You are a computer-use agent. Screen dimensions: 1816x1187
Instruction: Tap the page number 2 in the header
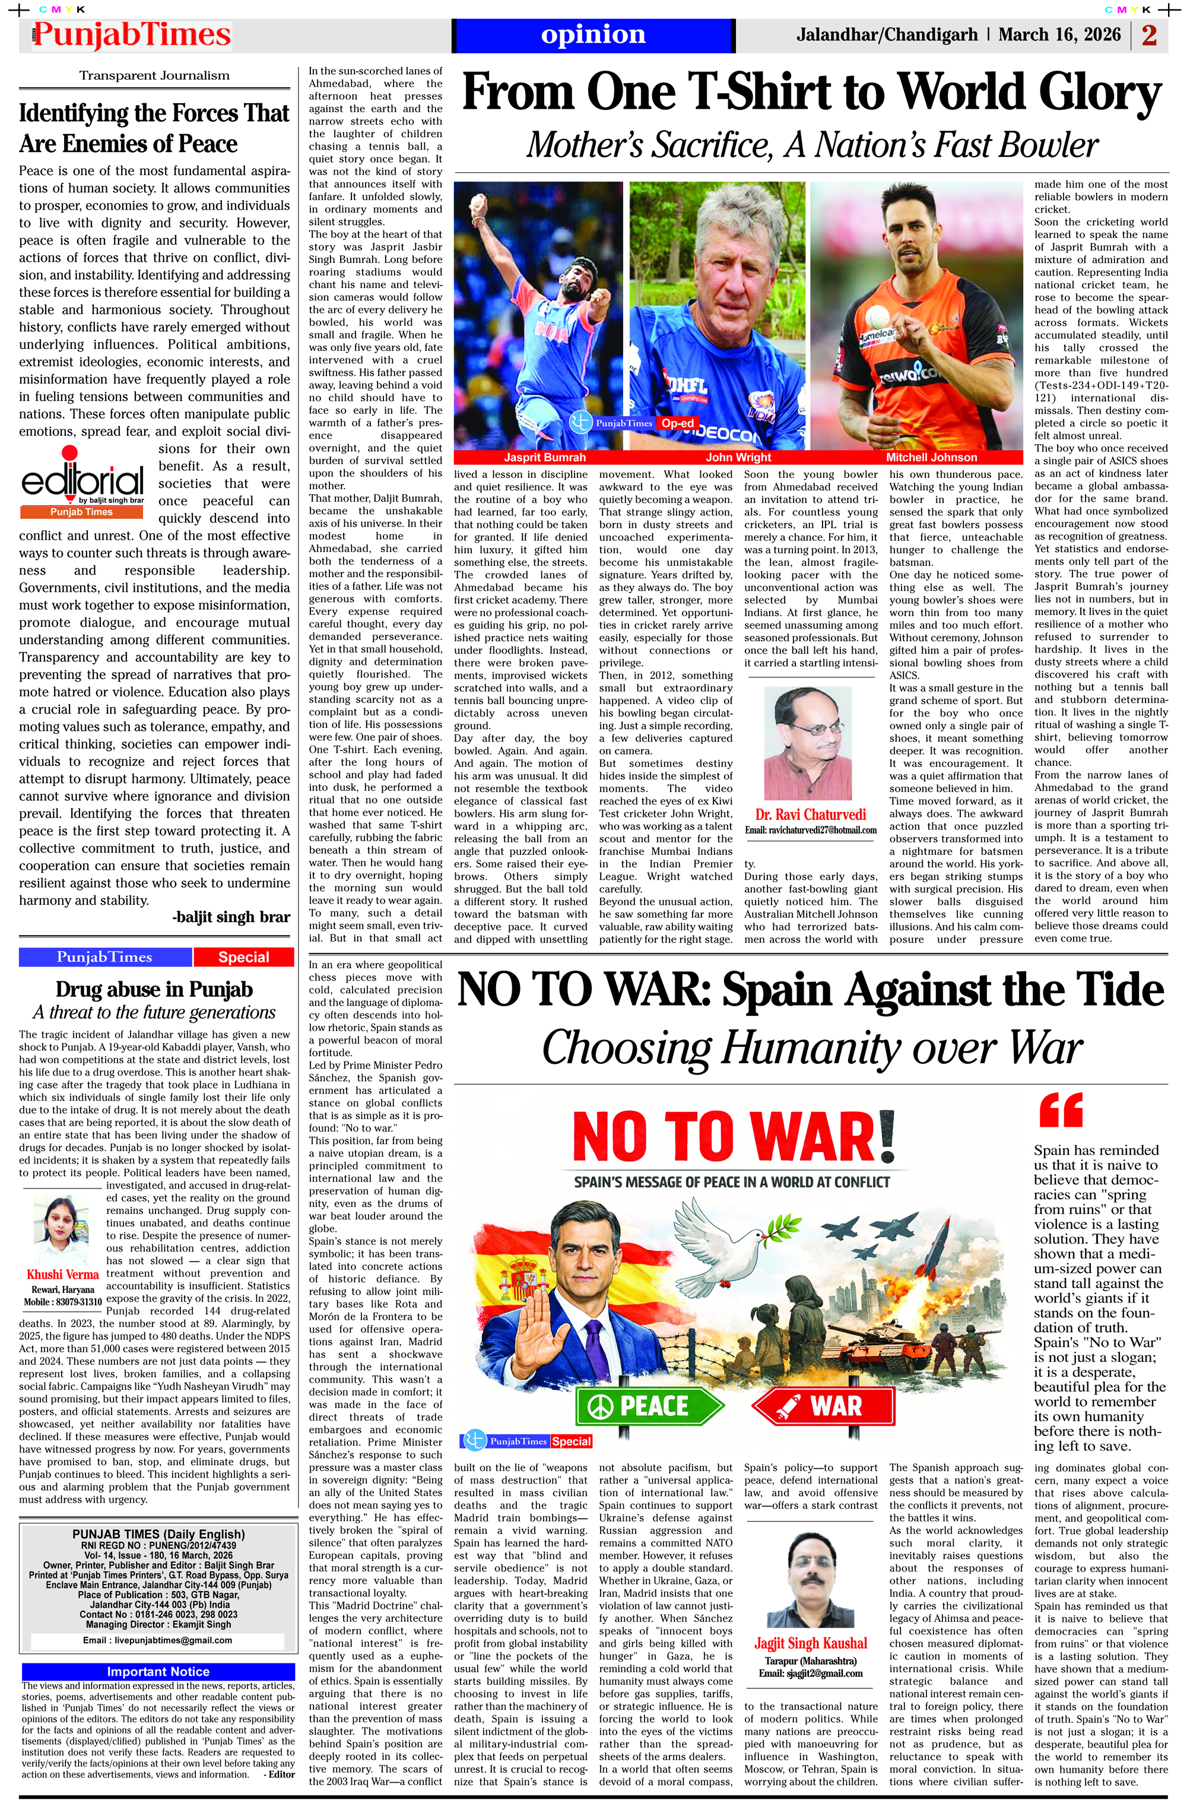pos(1149,35)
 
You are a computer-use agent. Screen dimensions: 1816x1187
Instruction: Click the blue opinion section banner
pos(593,35)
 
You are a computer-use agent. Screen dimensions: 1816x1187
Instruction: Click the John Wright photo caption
pos(738,457)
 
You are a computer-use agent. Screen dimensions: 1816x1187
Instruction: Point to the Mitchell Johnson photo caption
pos(931,457)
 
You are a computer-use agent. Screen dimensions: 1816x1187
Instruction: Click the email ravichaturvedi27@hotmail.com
pos(811,829)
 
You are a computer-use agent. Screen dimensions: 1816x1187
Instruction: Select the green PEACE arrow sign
pos(649,1406)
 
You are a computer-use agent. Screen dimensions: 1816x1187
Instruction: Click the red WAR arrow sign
pos(824,1406)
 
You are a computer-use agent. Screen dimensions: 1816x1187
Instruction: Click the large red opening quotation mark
pos(1061,1110)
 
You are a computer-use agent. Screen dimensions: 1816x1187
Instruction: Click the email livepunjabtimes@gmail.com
pos(157,1640)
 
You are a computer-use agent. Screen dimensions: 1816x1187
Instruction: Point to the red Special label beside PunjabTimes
pos(243,957)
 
